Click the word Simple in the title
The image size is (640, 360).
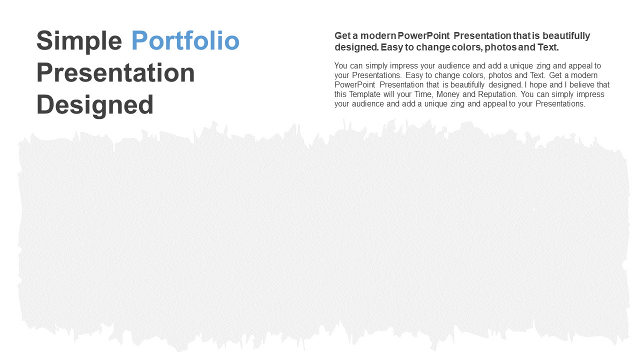pos(79,41)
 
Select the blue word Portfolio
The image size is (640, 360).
pos(185,40)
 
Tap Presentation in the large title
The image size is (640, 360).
pos(115,72)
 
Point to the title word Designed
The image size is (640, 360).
pos(95,105)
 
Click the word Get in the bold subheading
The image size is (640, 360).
pos(342,35)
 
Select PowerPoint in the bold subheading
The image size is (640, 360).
pos(423,35)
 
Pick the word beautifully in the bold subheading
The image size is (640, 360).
pos(566,36)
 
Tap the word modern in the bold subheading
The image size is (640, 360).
pos(378,35)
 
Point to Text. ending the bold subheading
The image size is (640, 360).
pos(548,47)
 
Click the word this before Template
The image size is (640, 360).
pos(340,94)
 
